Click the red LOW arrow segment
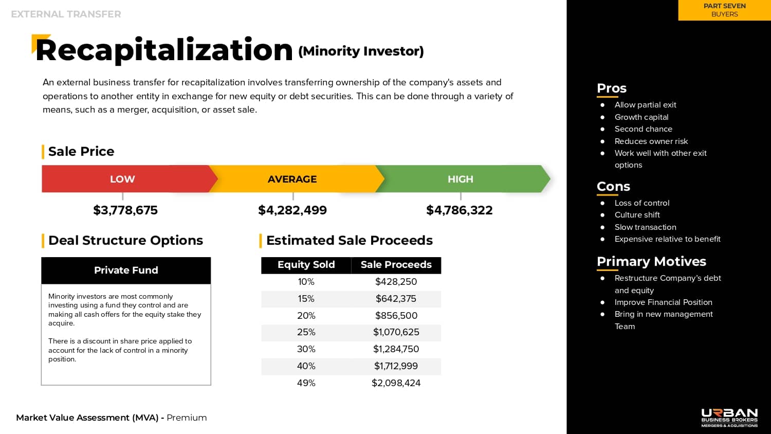[x=122, y=179]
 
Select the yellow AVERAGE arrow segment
[x=292, y=179]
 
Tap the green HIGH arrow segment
[x=461, y=179]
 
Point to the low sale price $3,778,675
[x=125, y=210]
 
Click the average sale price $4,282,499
[x=292, y=210]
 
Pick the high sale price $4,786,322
[x=460, y=210]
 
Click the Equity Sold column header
[x=306, y=265]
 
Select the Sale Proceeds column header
[x=396, y=265]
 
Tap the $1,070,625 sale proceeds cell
[x=396, y=332]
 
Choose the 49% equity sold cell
[x=306, y=383]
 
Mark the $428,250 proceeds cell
[x=396, y=282]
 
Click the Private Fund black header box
[x=126, y=270]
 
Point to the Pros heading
[x=612, y=88]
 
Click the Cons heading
[x=613, y=187]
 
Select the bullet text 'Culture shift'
[x=637, y=215]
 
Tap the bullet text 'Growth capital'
[x=641, y=117]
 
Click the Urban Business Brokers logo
[x=729, y=418]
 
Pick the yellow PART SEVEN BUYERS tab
[x=725, y=10]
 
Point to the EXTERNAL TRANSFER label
[x=66, y=14]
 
